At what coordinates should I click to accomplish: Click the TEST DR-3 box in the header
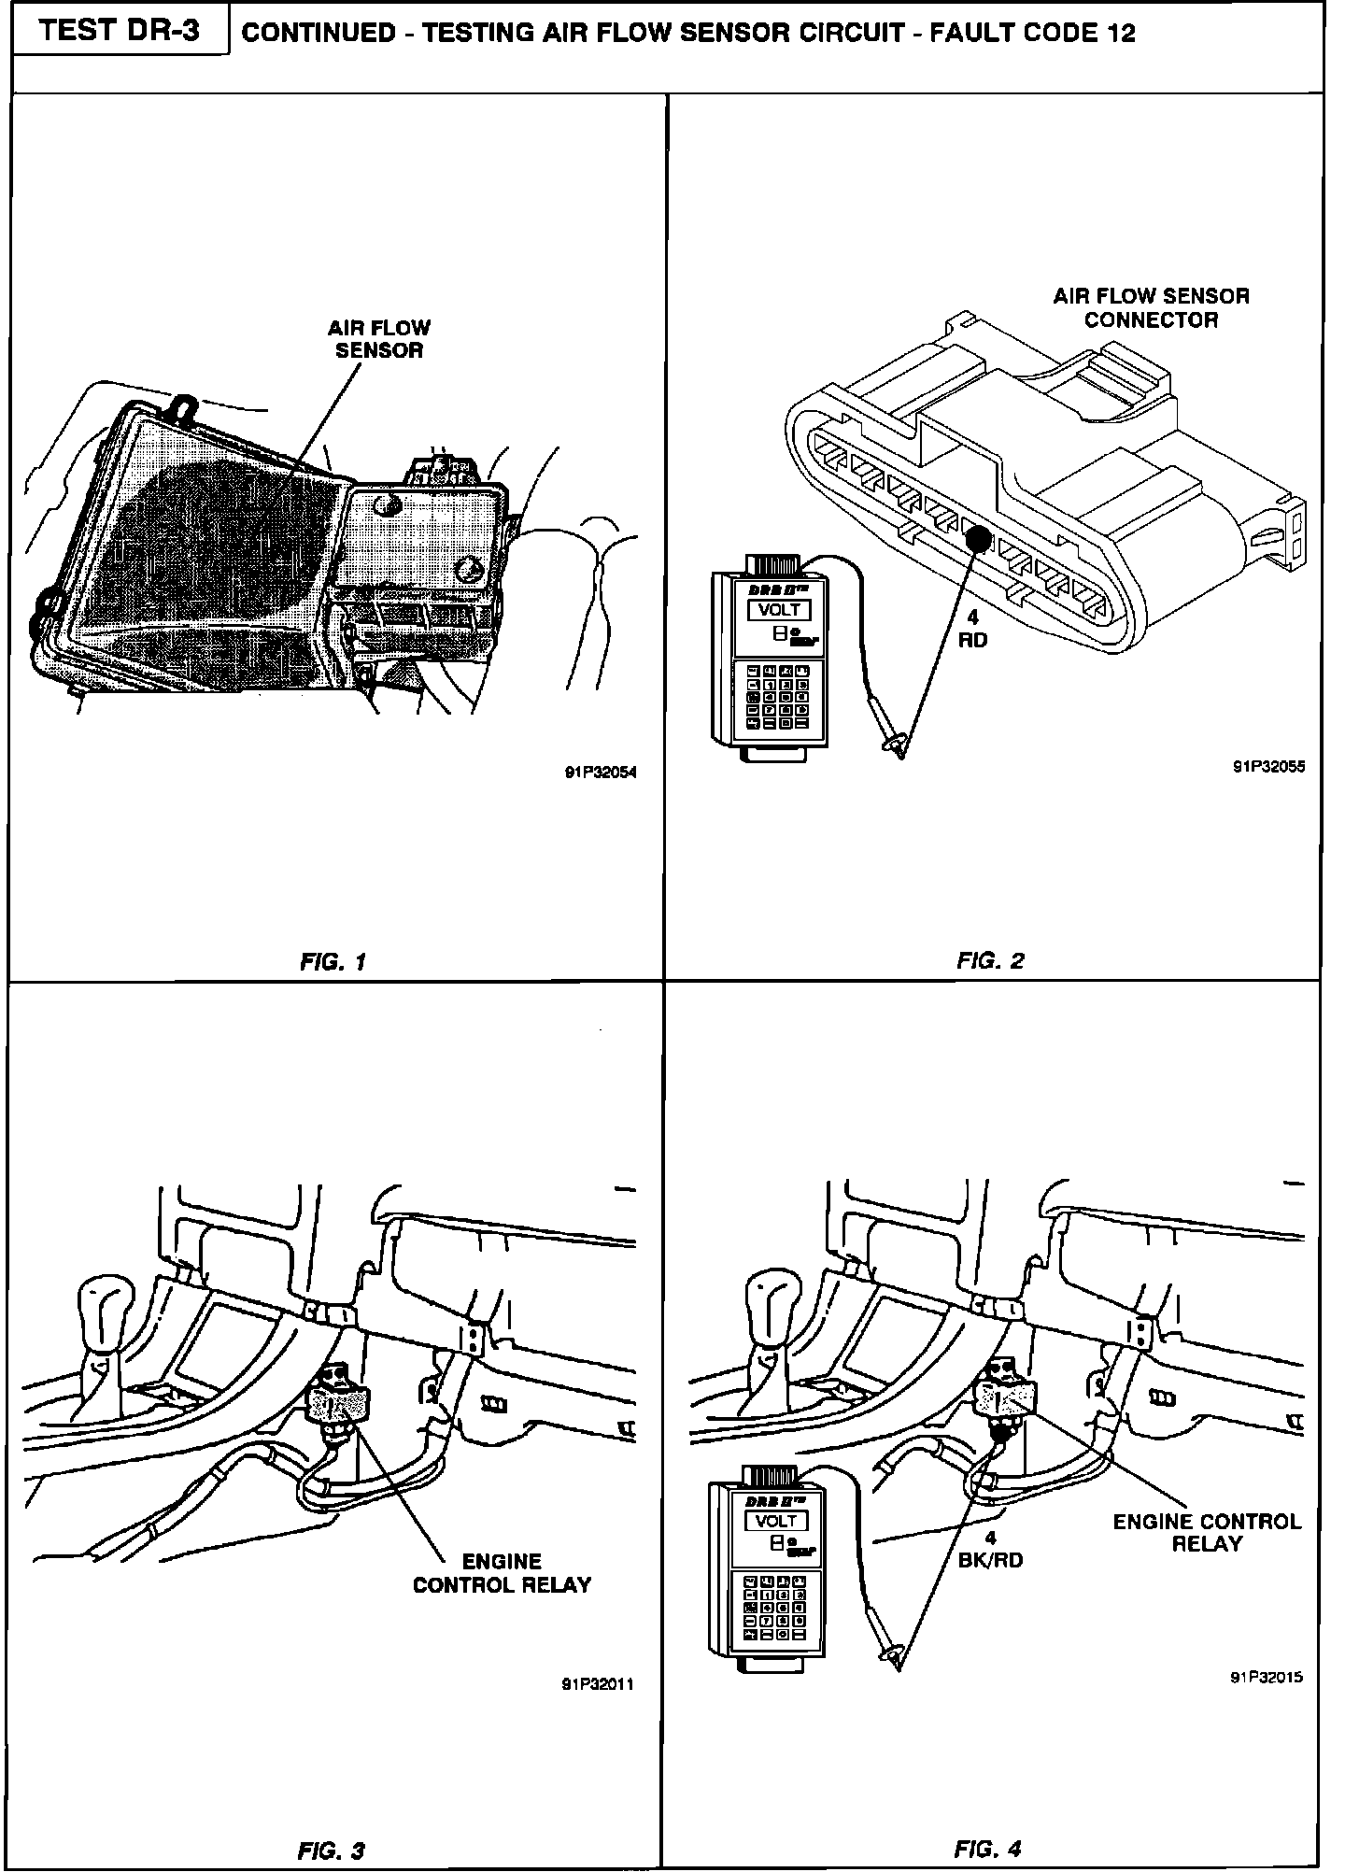click(x=120, y=32)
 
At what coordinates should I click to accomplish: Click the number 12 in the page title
click(x=1119, y=34)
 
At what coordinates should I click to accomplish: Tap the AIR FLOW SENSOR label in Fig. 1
click(x=379, y=339)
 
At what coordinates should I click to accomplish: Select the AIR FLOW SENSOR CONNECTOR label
click(x=1151, y=308)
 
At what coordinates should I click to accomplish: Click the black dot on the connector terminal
click(x=978, y=539)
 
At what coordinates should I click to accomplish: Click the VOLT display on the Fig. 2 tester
click(x=778, y=610)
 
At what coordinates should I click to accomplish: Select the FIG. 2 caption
click(x=990, y=960)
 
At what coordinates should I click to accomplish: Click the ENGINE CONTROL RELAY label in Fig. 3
click(x=503, y=1573)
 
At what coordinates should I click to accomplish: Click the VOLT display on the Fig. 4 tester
click(x=775, y=1521)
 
